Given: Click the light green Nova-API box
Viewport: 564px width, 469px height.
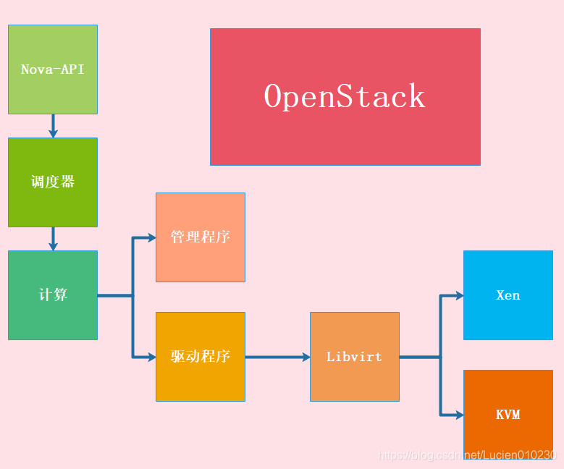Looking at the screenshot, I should [x=53, y=69].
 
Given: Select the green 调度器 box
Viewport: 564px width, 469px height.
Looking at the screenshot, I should [x=53, y=182].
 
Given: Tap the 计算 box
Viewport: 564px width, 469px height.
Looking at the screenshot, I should [x=53, y=295].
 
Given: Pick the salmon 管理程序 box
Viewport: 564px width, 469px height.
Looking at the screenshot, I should [x=201, y=237].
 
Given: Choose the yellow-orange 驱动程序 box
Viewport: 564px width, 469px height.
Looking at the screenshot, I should [x=201, y=357].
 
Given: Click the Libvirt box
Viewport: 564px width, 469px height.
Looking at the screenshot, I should [x=355, y=357].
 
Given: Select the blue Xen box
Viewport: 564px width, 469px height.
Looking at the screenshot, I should [x=508, y=295].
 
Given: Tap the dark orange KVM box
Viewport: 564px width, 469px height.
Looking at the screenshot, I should [x=508, y=415].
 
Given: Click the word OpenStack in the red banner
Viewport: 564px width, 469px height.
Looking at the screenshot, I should [x=345, y=97].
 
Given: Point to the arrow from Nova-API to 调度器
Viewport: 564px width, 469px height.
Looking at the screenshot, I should [x=53, y=126].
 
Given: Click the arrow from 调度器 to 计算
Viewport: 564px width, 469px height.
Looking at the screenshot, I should [x=53, y=239].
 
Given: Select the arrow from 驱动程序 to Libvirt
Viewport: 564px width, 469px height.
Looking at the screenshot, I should [x=277, y=357].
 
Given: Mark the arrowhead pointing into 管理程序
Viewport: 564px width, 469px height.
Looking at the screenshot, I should [x=151, y=237].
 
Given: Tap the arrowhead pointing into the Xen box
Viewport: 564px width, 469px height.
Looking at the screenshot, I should [x=459, y=295].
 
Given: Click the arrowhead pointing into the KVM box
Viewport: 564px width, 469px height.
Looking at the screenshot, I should [x=459, y=415].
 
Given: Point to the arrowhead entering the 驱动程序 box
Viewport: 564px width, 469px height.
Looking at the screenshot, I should [x=151, y=357].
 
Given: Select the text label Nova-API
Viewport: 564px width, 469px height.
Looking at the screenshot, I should [x=53, y=69].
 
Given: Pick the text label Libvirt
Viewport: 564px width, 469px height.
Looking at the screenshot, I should [x=354, y=357].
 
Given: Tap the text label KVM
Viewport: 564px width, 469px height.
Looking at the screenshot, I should [x=508, y=415].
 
